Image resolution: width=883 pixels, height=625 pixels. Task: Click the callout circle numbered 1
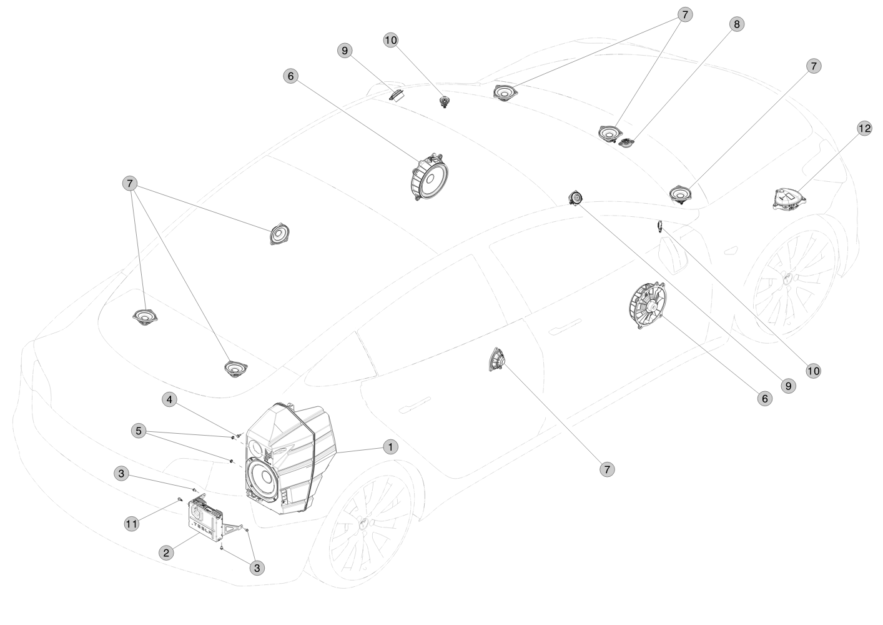(391, 447)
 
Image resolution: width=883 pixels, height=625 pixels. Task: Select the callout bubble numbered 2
(166, 552)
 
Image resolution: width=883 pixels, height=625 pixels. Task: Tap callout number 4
(169, 400)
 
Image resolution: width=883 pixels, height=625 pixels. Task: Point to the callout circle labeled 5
(139, 431)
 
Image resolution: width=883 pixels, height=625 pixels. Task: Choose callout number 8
(737, 24)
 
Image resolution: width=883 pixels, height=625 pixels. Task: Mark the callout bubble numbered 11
(132, 524)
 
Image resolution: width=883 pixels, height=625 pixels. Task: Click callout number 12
(864, 128)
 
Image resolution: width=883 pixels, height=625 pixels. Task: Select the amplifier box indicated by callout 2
(206, 518)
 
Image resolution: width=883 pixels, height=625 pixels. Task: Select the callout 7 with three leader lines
(130, 184)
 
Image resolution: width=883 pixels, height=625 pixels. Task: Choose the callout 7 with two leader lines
(685, 14)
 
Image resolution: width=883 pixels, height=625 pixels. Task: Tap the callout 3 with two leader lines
(257, 567)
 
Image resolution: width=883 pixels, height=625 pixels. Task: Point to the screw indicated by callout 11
(180, 499)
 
